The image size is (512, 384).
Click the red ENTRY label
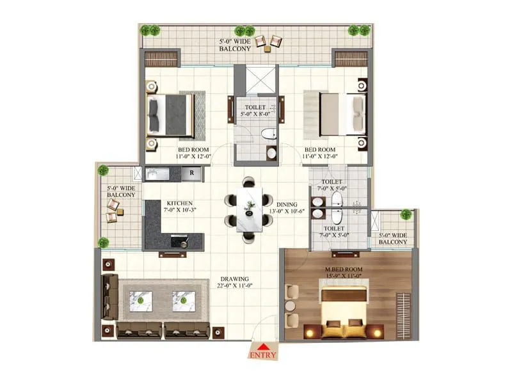[263, 354]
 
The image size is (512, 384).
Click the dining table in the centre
[249, 209]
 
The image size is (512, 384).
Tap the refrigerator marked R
[191, 173]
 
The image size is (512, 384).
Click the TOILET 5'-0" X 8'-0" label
[255, 110]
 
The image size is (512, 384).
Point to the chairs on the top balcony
[268, 42]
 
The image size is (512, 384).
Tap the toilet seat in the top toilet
[269, 134]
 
